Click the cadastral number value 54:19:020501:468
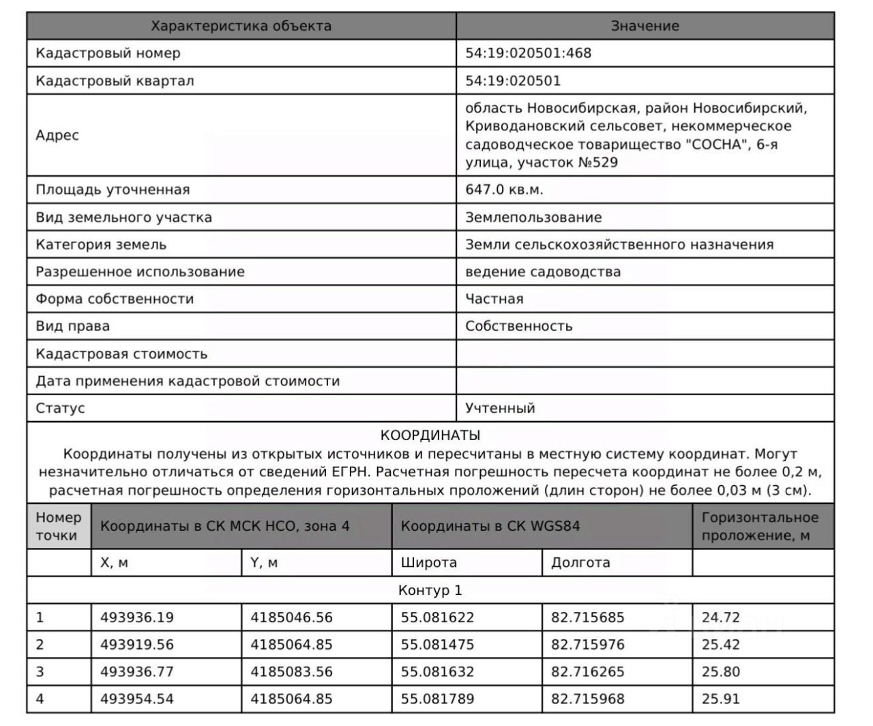point(528,53)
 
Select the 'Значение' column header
point(645,26)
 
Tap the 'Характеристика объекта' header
point(241,26)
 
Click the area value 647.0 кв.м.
point(504,190)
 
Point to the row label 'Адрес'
point(57,135)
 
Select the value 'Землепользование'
point(533,218)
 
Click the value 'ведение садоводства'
point(543,272)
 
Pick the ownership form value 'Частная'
point(494,299)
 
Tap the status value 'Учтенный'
point(500,408)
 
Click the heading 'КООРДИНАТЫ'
point(430,435)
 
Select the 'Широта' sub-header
point(428,563)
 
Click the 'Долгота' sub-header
point(580,563)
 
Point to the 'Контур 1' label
point(430,590)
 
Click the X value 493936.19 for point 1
point(137,618)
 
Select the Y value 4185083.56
point(291,671)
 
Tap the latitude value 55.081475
point(437,644)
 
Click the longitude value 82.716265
point(587,671)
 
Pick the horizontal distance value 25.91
point(720,699)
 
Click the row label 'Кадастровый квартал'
point(115,81)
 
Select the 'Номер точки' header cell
point(59,527)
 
